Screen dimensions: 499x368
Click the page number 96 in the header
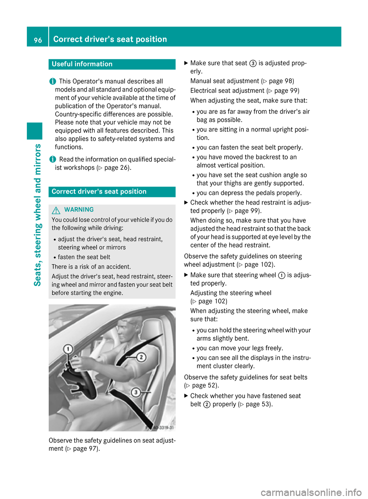[x=38, y=40]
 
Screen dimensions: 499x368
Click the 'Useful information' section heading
[x=82, y=64]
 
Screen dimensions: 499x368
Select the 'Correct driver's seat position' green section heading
[x=99, y=192]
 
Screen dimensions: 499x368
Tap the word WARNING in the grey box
[x=79, y=210]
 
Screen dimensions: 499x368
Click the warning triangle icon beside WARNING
[x=56, y=210]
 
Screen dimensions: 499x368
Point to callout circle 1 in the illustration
[x=68, y=349]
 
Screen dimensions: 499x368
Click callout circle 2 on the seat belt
[x=141, y=357]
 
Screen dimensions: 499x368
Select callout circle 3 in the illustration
[x=136, y=392]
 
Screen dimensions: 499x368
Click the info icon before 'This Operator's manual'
[x=52, y=81]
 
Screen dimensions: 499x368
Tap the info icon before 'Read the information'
[x=52, y=159]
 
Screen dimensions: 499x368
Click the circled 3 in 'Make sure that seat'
[x=253, y=63]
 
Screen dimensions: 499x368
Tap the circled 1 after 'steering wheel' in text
[x=281, y=275]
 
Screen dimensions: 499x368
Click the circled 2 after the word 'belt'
[x=207, y=404]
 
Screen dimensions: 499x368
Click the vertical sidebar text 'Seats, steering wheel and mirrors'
[x=38, y=215]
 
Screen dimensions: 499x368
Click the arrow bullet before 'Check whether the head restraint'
[x=186, y=202]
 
